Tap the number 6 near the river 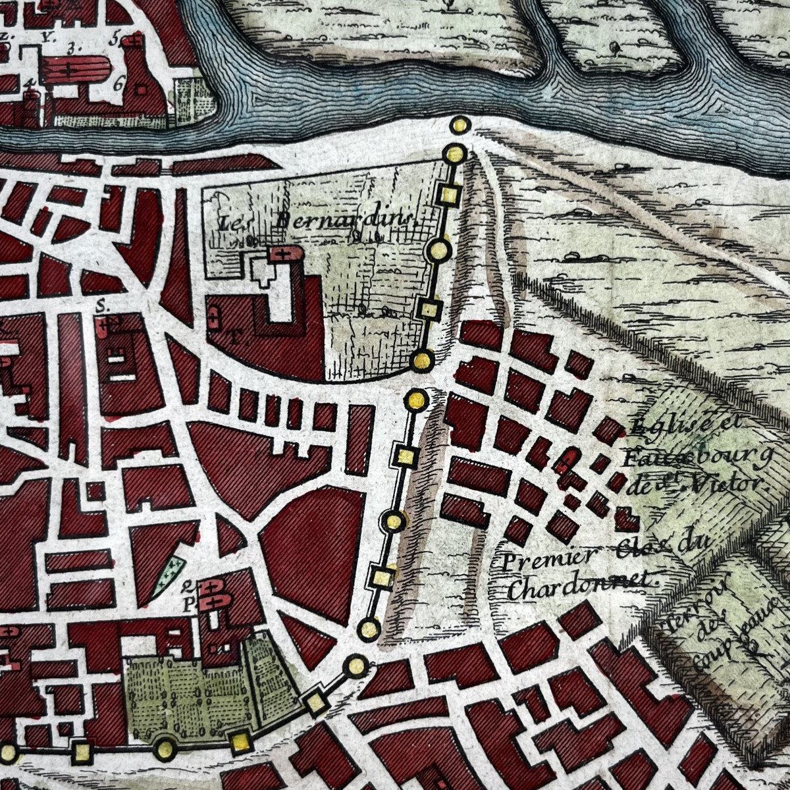pyautogui.click(x=119, y=83)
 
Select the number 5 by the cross pyautogui.click(x=113, y=38)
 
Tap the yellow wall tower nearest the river pyautogui.click(x=460, y=124)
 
